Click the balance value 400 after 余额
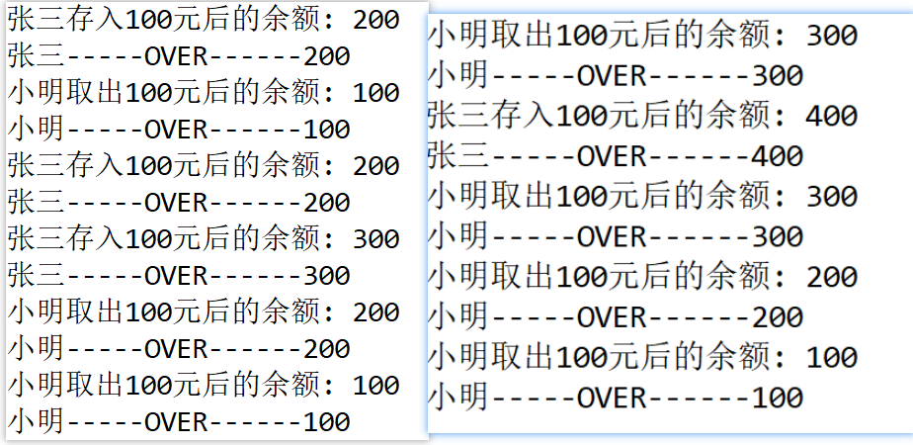point(832,116)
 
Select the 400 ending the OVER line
point(778,156)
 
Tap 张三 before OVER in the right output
point(457,156)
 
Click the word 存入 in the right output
point(522,116)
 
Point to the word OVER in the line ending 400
point(612,156)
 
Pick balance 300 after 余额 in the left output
point(376,238)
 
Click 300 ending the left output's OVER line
point(327,276)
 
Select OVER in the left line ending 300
point(176,276)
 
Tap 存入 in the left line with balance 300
point(94,238)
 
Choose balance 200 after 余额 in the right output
point(832,277)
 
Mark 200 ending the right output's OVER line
point(778,317)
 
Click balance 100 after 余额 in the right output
point(832,358)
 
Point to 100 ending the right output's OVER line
point(778,398)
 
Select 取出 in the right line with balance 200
point(522,277)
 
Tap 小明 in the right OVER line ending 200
point(457,317)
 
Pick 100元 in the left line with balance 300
point(162,238)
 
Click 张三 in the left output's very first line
point(36,20)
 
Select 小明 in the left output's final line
point(36,421)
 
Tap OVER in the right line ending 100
point(612,398)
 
